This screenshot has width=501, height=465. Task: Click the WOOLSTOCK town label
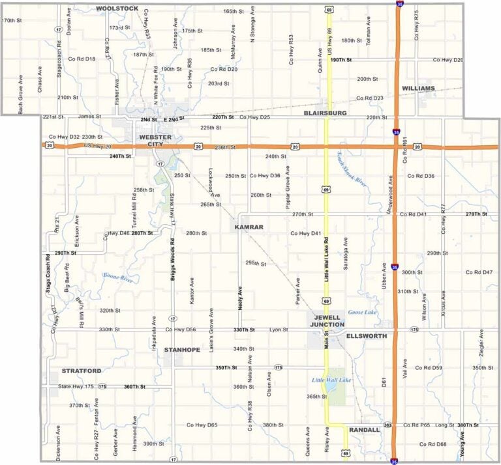[x=117, y=8]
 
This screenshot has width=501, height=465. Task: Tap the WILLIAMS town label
[x=418, y=88]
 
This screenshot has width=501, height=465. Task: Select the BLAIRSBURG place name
[x=325, y=113]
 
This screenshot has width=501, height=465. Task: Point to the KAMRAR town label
[x=249, y=227]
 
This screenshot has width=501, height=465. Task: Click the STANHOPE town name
[x=182, y=350]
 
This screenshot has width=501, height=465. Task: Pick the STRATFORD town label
[x=82, y=371]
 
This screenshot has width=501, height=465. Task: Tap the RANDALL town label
[x=364, y=430]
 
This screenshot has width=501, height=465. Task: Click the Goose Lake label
[x=363, y=313]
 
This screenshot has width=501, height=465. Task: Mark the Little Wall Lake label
[x=331, y=380]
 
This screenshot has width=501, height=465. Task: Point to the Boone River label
[x=117, y=278]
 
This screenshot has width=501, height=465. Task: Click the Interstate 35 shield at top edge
[x=399, y=4]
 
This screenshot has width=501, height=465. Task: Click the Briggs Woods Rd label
[x=174, y=257]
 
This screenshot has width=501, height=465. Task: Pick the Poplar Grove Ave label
[x=287, y=187]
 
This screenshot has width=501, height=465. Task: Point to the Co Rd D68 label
[x=433, y=444]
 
